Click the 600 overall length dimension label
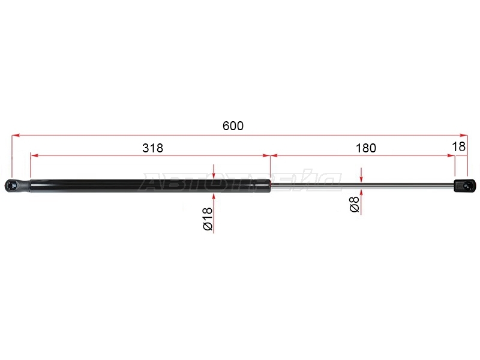[x=233, y=126]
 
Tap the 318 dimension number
[x=153, y=148]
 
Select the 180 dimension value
[x=366, y=148]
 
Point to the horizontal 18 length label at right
[x=458, y=146]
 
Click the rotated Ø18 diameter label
[x=208, y=218]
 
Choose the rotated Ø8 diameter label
[x=354, y=204]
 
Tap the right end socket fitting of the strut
[x=464, y=185]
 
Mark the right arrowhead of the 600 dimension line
[x=464, y=135]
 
